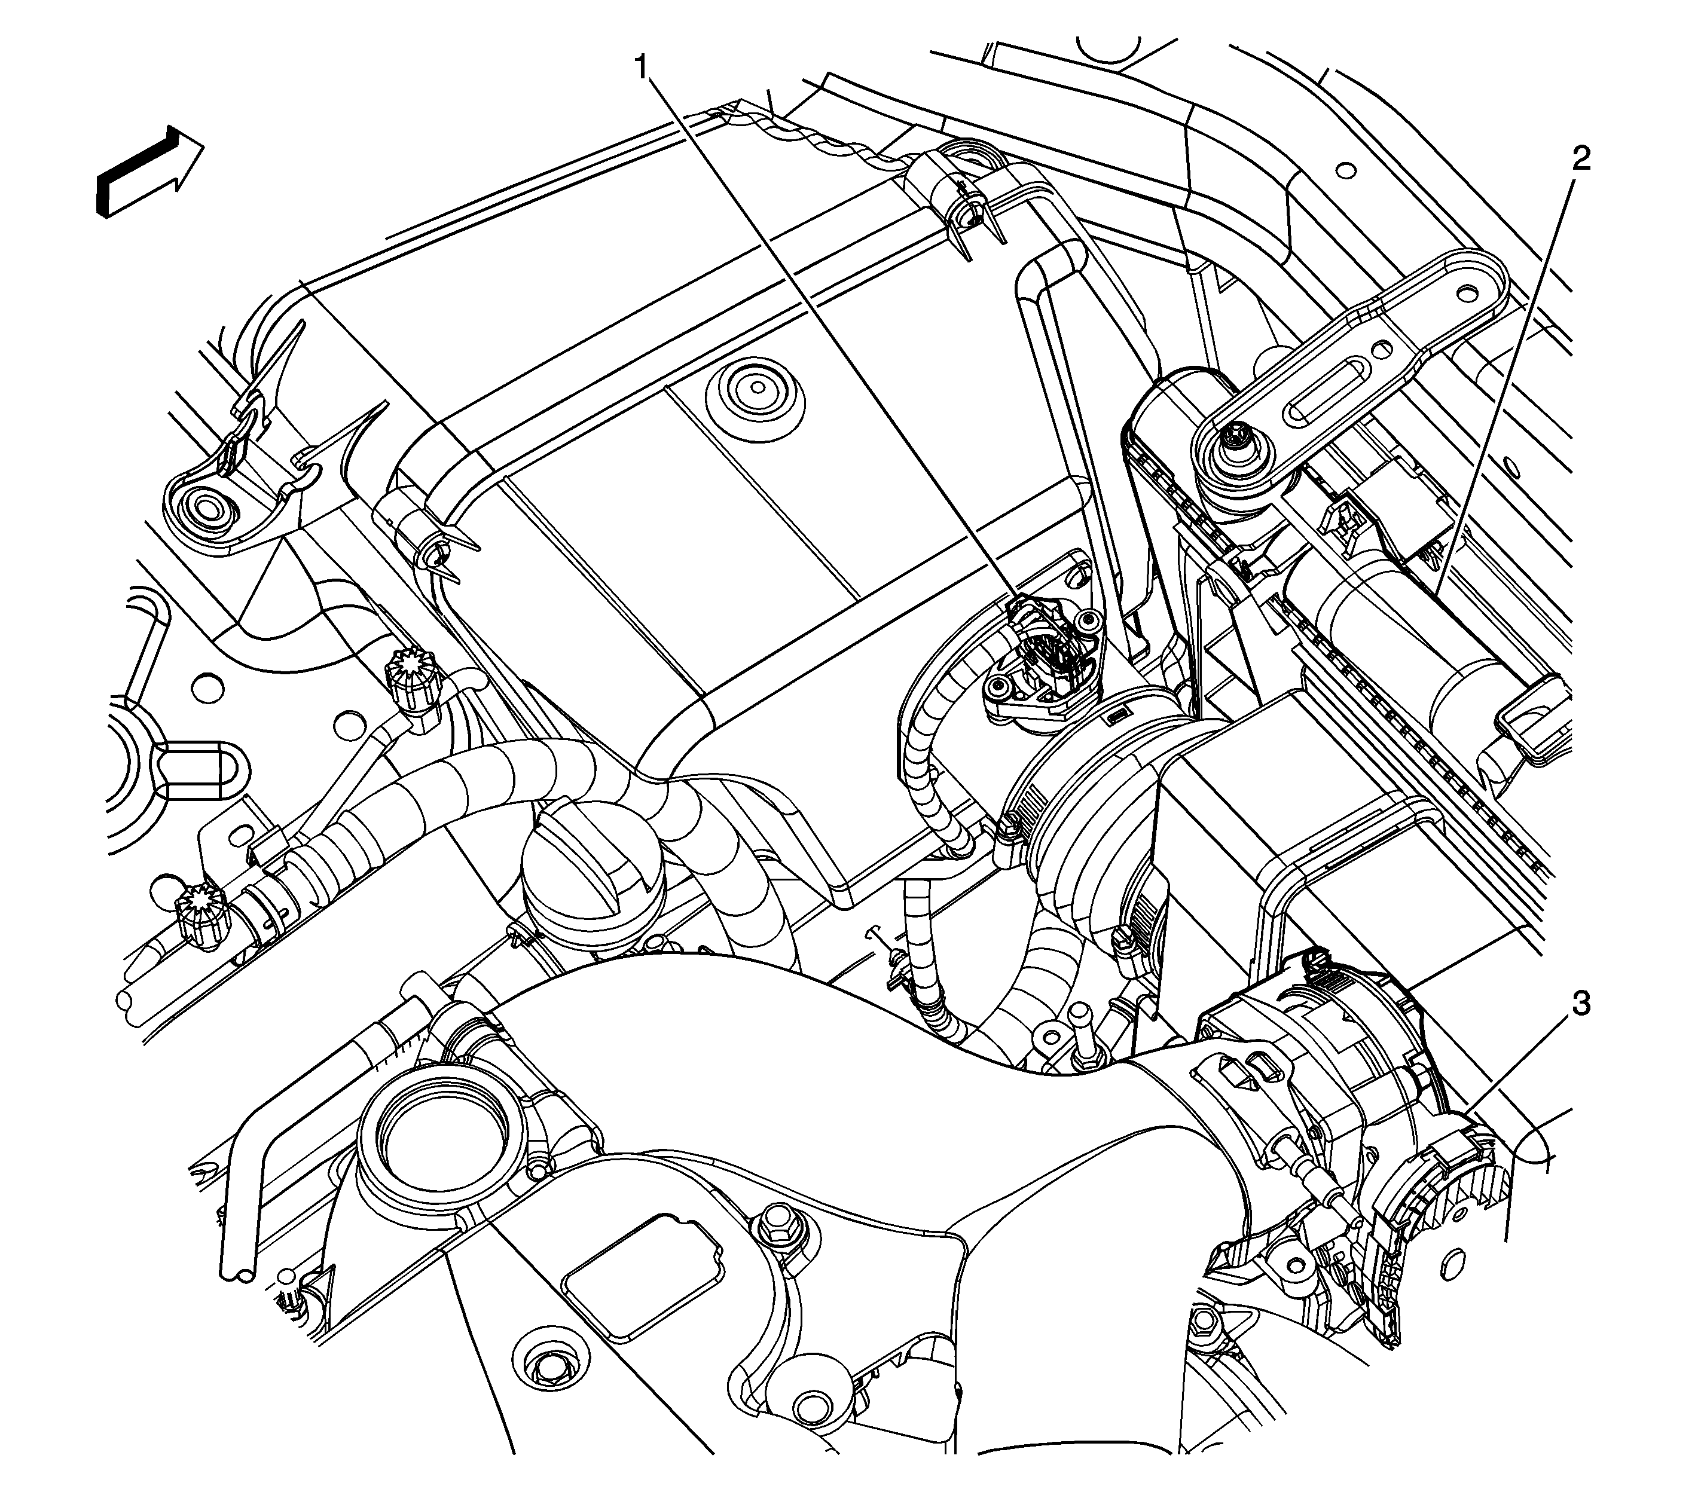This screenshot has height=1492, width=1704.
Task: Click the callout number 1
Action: tap(642, 66)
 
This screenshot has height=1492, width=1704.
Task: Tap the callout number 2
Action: tap(1580, 159)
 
